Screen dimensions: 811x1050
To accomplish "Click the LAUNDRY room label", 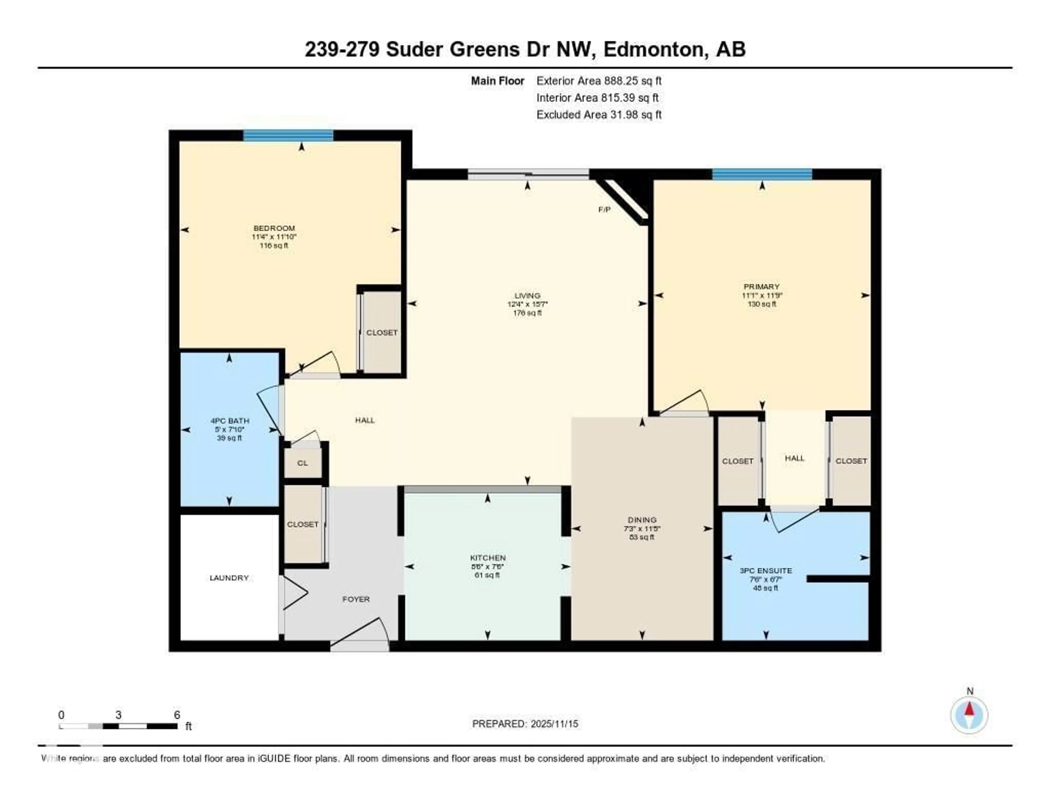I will (229, 578).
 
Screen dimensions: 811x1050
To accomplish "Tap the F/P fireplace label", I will (604, 210).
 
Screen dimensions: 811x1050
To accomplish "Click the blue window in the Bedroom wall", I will (288, 136).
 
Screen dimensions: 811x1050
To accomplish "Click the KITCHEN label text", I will (488, 558).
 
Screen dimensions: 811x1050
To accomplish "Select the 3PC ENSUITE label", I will (765, 571).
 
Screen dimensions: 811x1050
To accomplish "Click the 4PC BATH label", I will (230, 421).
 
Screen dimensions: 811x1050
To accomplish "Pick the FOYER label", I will (356, 599).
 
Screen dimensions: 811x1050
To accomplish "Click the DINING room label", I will (642, 520).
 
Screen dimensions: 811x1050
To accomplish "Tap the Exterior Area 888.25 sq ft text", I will (599, 81).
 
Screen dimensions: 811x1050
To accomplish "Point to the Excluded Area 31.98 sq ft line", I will (599, 114).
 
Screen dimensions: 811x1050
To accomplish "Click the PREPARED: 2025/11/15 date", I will (525, 724).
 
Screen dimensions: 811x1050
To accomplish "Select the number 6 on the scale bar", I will (177, 715).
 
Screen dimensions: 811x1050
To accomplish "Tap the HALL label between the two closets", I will (794, 458).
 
